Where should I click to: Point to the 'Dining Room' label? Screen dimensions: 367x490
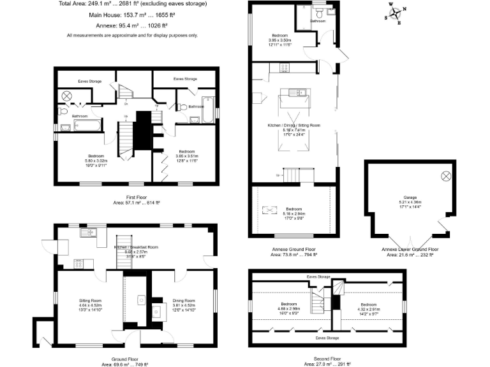pyautogui.click(x=183, y=300)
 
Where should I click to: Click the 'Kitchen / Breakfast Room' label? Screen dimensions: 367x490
pyautogui.click(x=135, y=247)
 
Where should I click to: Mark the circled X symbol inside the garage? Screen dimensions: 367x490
pyautogui.click(x=446, y=175)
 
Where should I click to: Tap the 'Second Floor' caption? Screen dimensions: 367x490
pyautogui.click(x=327, y=359)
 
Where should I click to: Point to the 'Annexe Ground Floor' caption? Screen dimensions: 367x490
pyautogui.click(x=293, y=249)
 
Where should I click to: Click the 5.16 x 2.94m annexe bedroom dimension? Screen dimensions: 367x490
pyautogui.click(x=293, y=213)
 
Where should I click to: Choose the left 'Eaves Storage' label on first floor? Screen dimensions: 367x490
pyautogui.click(x=91, y=82)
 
